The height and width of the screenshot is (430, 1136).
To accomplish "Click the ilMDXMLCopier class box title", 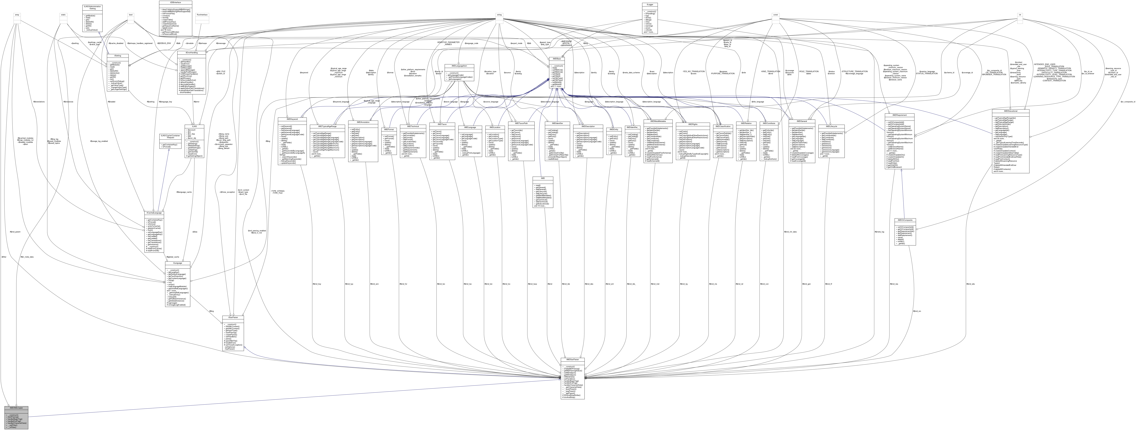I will click(16, 408).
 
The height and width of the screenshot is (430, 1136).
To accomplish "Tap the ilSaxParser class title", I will click(233, 317).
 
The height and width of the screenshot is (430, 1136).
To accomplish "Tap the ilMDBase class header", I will click(557, 59).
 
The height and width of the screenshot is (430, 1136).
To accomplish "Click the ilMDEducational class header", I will click(1010, 111).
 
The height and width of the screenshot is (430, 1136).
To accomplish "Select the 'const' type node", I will click(775, 15).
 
